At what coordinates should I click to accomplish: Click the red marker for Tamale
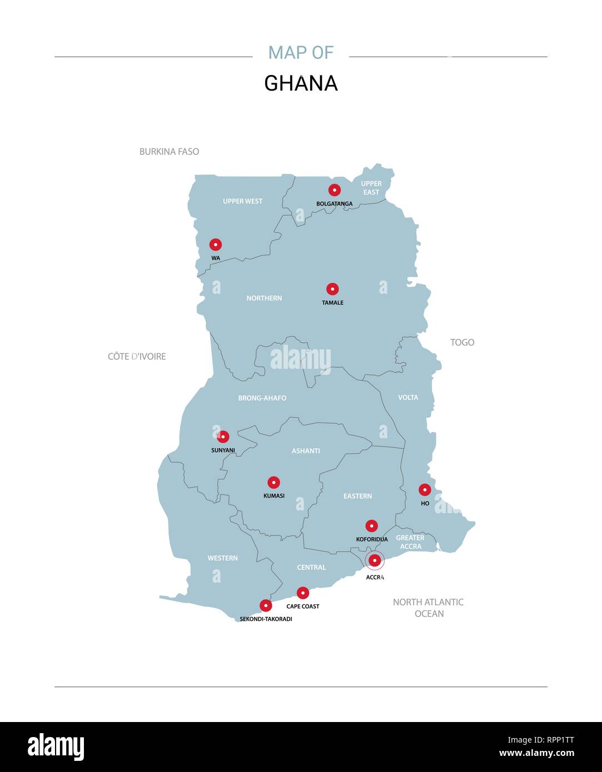point(332,289)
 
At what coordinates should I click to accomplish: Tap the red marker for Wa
point(216,244)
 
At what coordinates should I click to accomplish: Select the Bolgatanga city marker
point(334,190)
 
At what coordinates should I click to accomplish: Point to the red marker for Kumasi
point(273,483)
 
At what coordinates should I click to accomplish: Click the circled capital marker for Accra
point(375,561)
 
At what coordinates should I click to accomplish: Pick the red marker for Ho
point(425,490)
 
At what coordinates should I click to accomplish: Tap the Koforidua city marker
point(371,526)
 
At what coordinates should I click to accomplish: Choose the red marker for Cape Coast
point(302,593)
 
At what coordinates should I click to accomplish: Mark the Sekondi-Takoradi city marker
point(266,605)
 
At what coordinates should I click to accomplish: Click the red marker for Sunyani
point(223,437)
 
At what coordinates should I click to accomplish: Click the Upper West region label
point(242,201)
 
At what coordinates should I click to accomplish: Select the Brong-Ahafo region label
point(262,398)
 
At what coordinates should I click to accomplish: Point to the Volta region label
point(408,398)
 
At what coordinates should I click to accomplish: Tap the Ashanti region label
point(306,451)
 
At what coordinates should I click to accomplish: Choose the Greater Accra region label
point(410,542)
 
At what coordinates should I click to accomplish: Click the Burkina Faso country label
point(169,152)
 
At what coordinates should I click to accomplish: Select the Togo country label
point(462,342)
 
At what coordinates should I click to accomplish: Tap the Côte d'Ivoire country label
point(137,357)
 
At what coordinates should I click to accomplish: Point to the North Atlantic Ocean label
point(428,608)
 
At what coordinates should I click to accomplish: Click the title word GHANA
point(301,83)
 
